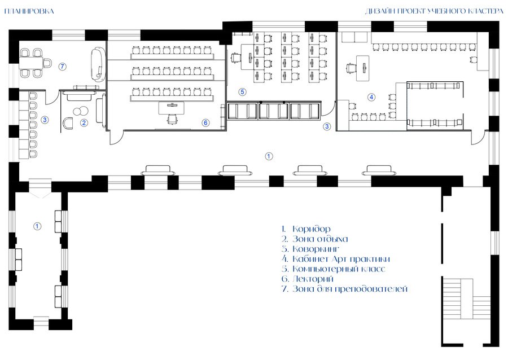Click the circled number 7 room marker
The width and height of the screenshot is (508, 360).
point(63,67)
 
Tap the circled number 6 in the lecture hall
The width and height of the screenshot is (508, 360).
point(205,122)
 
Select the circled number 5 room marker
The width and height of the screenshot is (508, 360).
point(242,92)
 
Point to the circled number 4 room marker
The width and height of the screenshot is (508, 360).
point(371,97)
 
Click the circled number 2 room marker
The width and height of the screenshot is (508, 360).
point(84,122)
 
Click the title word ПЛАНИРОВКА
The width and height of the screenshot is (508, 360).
point(29,12)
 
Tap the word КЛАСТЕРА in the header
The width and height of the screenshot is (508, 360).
point(486,12)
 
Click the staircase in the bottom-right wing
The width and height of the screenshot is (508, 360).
point(466,298)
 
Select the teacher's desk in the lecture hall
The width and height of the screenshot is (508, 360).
point(172,108)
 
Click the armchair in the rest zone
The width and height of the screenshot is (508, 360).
point(69,123)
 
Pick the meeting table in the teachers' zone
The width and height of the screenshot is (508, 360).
point(31,63)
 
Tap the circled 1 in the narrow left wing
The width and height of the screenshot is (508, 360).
point(38,226)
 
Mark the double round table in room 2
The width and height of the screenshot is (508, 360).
point(81,111)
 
